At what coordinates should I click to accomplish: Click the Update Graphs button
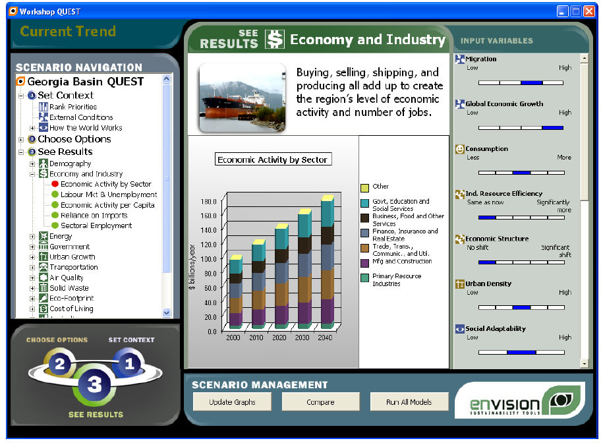click(232, 402)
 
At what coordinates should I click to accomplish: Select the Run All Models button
click(409, 402)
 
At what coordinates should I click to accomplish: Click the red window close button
click(589, 11)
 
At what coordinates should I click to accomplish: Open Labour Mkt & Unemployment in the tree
click(109, 194)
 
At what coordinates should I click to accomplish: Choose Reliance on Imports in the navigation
click(94, 216)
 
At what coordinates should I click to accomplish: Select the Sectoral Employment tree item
click(96, 225)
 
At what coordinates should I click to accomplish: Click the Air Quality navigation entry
click(66, 278)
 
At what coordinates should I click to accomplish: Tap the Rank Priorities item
click(73, 107)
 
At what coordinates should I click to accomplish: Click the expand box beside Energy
click(32, 237)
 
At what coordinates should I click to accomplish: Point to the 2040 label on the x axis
click(325, 338)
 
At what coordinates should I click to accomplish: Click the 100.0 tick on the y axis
click(208, 259)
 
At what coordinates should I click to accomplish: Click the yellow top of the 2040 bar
click(328, 198)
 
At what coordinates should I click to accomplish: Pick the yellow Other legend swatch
click(364, 188)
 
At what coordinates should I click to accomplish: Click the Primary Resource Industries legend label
click(397, 280)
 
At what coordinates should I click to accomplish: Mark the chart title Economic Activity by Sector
click(273, 160)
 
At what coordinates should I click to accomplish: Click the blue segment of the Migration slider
click(531, 82)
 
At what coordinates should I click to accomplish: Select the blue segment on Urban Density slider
click(521, 307)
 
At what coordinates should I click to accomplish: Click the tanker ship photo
click(243, 98)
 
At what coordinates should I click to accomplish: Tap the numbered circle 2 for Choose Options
click(59, 363)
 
